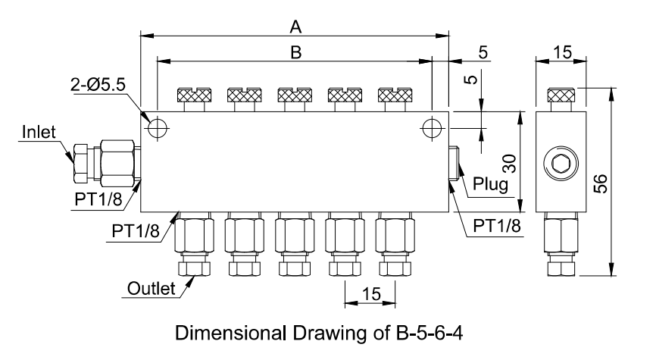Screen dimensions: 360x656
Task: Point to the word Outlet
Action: (x=151, y=288)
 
